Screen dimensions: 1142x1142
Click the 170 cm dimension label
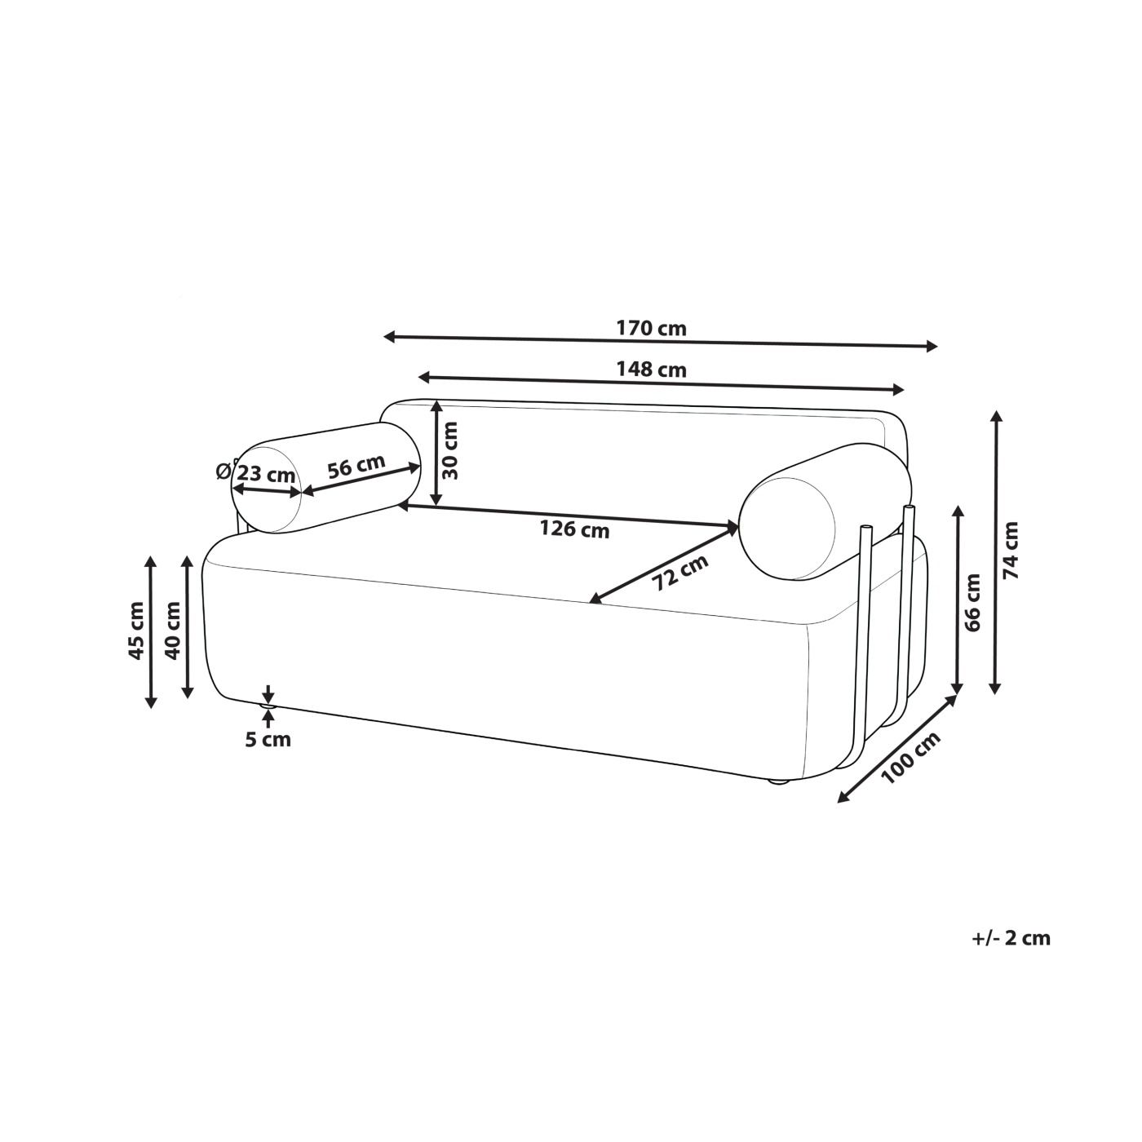pos(651,328)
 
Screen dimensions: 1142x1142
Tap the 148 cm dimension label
pos(651,370)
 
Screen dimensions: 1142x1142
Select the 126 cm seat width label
pos(573,528)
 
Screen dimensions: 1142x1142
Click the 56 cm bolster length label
pos(356,466)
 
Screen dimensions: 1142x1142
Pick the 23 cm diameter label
pos(266,474)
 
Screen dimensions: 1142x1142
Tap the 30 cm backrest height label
pos(450,451)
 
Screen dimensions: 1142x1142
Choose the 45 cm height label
pos(136,631)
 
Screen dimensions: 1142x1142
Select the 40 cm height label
pos(172,631)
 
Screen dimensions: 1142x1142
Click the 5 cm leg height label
pos(268,740)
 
